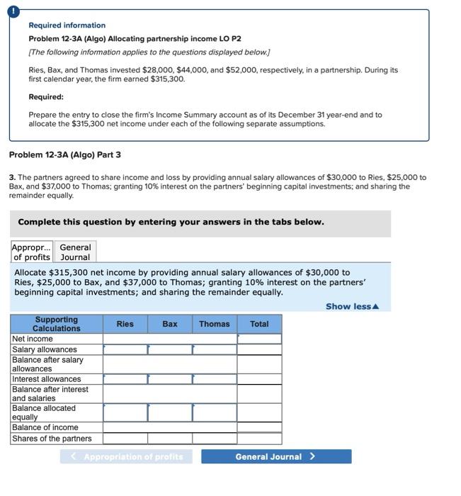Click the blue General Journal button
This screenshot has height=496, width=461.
tap(275, 457)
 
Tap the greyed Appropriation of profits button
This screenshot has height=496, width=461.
tap(126, 457)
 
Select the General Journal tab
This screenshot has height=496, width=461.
tap(75, 252)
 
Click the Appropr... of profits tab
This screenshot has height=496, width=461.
tap(31, 252)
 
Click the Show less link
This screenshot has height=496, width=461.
tap(352, 306)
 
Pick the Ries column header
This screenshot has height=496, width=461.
tap(125, 325)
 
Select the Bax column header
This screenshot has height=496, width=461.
tap(170, 325)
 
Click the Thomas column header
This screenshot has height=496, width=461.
tap(214, 325)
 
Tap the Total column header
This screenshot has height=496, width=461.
tap(259, 325)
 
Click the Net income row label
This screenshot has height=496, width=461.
tap(33, 339)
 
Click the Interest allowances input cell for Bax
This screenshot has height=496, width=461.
tap(170, 379)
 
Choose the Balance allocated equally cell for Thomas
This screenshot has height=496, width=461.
tap(214, 412)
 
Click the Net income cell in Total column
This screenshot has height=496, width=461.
tap(259, 339)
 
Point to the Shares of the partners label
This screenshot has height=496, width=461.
tap(52, 439)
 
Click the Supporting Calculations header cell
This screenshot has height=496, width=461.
tap(57, 325)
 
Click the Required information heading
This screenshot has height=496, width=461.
tap(67, 26)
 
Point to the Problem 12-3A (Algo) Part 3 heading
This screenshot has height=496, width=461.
tap(64, 155)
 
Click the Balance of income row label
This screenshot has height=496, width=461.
tap(45, 427)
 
